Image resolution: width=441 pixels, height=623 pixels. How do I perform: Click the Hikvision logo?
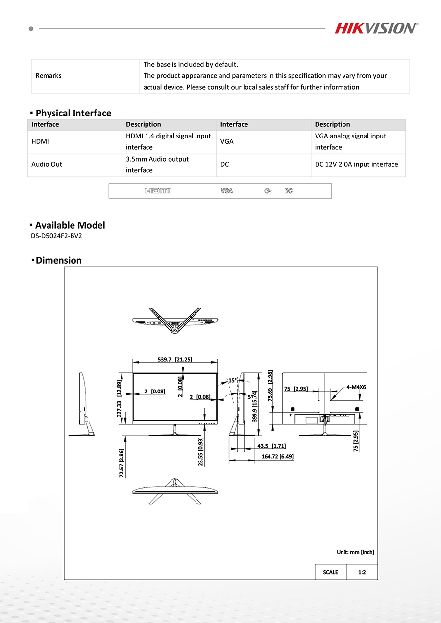(x=376, y=28)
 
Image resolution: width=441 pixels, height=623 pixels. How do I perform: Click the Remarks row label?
(x=49, y=76)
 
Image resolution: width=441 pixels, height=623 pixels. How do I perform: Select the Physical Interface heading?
(x=73, y=113)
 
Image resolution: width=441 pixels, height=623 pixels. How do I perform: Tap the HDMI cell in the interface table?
(x=40, y=142)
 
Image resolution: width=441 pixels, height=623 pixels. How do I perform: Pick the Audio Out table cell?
(x=47, y=164)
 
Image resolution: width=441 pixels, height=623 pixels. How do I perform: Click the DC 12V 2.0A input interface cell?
(x=356, y=164)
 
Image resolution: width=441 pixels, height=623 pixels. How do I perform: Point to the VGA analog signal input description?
(x=350, y=141)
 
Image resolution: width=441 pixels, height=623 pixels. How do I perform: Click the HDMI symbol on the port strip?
(x=158, y=191)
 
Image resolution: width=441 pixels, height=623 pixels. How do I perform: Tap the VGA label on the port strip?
(x=227, y=191)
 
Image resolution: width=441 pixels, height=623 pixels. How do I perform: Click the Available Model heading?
(x=70, y=225)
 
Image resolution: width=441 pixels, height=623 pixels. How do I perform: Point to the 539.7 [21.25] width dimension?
(x=175, y=359)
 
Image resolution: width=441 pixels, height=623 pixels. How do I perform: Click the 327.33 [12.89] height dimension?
(x=119, y=399)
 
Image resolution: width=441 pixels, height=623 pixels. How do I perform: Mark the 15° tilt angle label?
(x=232, y=380)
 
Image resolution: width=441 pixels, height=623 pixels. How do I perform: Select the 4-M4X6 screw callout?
(x=356, y=387)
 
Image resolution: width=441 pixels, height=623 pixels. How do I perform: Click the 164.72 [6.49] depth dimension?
(x=277, y=457)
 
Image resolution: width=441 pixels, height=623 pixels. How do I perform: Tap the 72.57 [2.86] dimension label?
(x=122, y=462)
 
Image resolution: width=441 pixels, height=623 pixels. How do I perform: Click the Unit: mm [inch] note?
(x=355, y=552)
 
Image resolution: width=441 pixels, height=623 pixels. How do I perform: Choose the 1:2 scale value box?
(x=362, y=572)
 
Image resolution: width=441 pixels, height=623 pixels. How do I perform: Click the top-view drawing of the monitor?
(x=175, y=321)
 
